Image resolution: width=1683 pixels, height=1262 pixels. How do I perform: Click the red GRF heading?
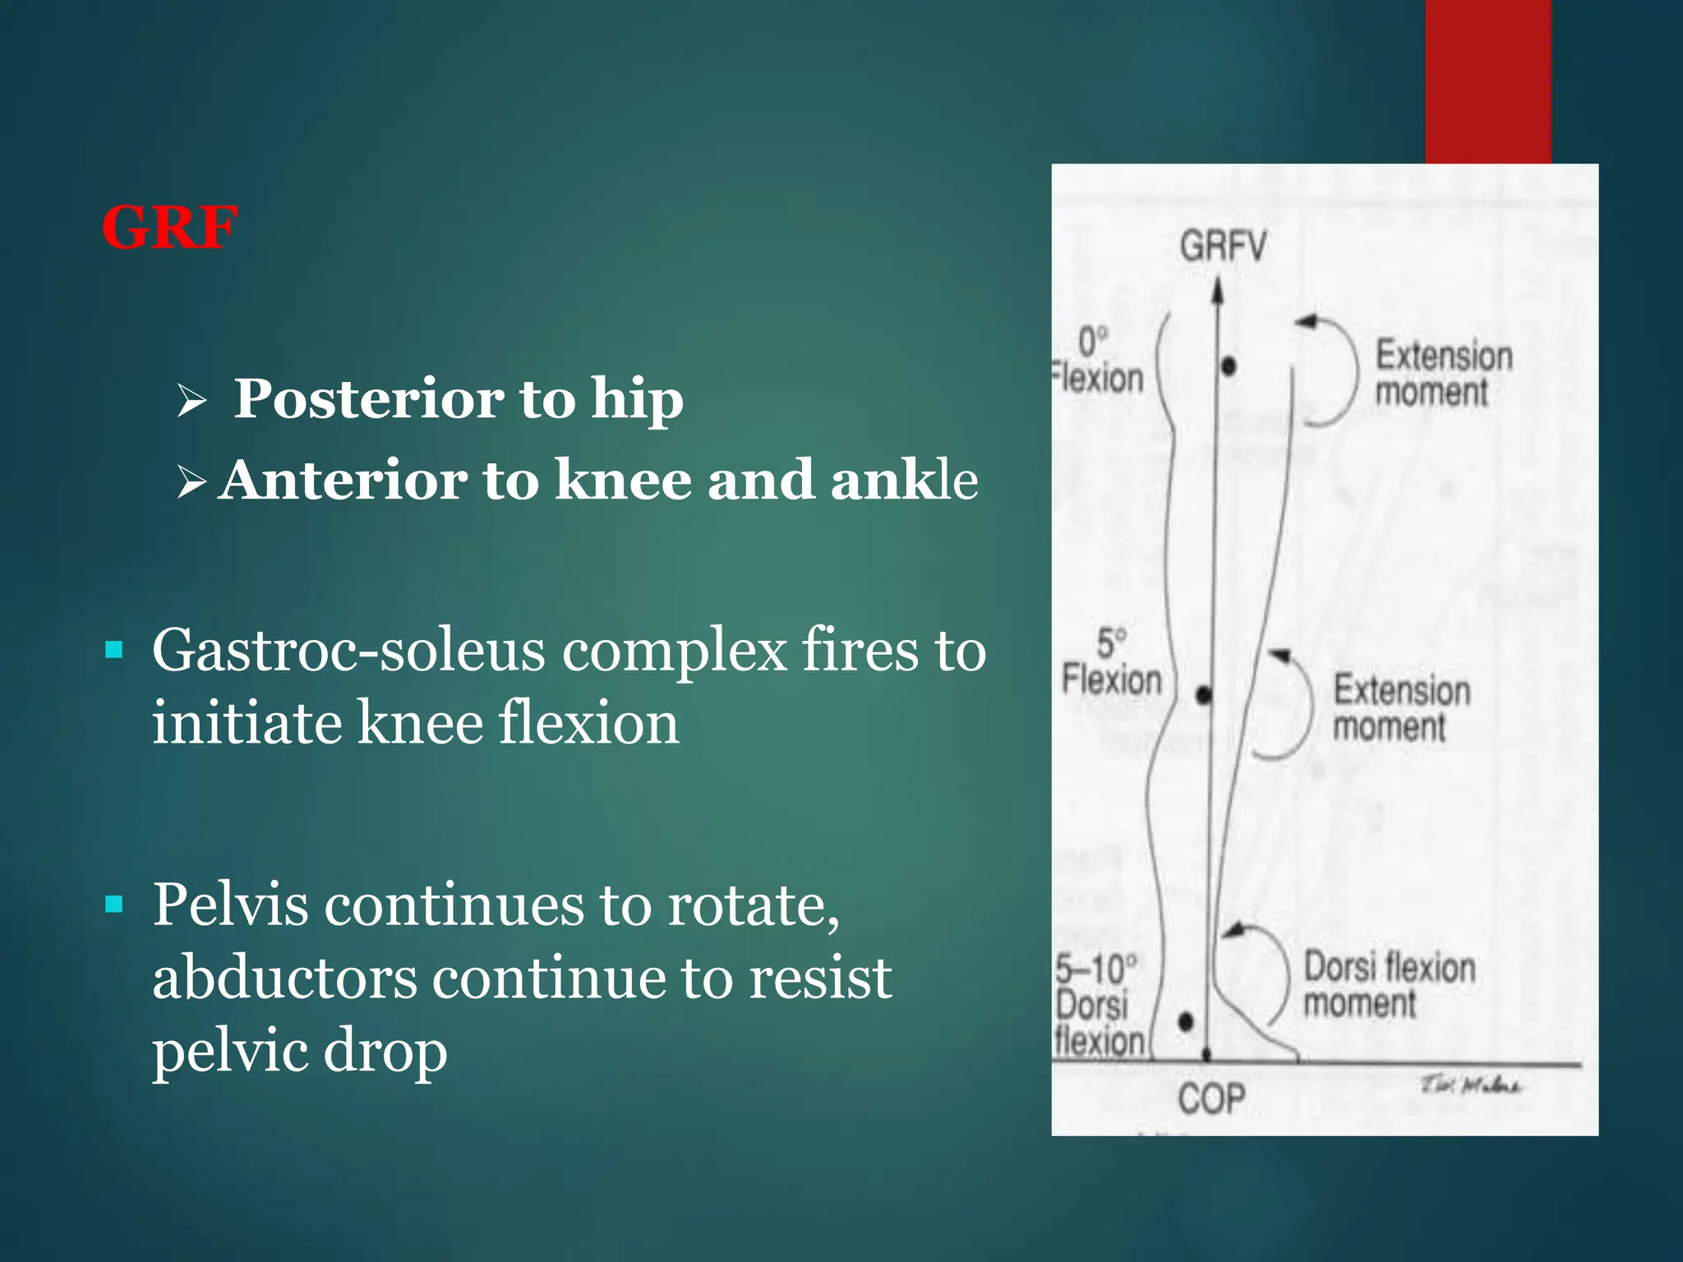tap(170, 228)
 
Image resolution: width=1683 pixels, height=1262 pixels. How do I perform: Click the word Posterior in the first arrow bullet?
tap(368, 399)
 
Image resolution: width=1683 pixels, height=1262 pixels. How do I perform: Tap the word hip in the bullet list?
tap(637, 399)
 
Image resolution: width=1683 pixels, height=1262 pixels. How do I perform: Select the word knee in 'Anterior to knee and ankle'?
tap(623, 481)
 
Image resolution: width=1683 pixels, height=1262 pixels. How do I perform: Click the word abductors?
tap(284, 979)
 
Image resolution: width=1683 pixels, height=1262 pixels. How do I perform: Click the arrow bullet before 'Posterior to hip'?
tap(191, 402)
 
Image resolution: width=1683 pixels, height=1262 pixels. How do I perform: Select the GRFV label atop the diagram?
tap(1223, 246)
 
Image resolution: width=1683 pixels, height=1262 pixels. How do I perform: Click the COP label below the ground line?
tap(1211, 1098)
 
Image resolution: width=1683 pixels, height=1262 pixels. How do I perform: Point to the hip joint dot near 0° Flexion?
tap(1229, 366)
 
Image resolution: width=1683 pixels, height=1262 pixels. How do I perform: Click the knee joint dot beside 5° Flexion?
tap(1204, 696)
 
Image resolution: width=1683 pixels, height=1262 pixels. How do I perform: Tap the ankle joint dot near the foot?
tap(1185, 1022)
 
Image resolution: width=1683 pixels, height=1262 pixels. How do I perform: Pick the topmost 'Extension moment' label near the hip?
tap(1443, 374)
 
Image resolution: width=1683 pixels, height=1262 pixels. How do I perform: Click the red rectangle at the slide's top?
tap(1487, 81)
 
